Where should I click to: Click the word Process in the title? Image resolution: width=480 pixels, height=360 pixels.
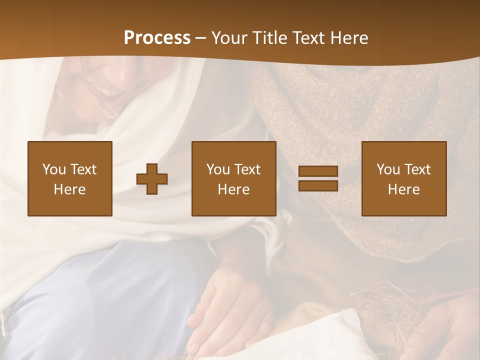157,38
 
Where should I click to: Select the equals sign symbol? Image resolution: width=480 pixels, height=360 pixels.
318,178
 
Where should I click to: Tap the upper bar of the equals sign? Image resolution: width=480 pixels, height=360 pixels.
318,171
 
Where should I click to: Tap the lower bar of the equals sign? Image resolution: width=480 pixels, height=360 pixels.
318,185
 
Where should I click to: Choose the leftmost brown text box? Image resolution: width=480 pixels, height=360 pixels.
70,178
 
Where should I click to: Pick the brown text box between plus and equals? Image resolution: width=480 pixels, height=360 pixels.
234,178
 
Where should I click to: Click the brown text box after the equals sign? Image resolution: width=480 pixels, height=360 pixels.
404,178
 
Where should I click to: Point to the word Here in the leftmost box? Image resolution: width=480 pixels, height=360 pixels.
70,189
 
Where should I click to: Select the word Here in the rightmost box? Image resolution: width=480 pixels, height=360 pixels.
404,189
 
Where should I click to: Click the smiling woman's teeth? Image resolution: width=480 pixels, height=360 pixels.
111,91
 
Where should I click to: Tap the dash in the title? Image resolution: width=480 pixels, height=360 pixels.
201,38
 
